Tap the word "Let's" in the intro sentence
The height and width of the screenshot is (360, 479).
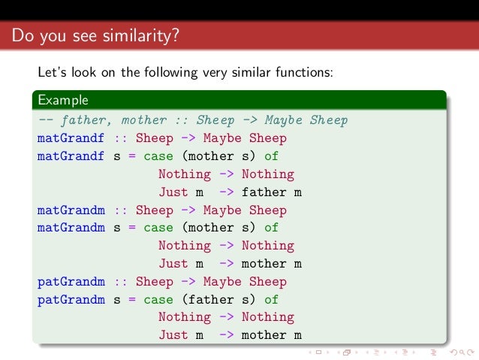(53, 73)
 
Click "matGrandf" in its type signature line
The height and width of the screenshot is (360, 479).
(71, 138)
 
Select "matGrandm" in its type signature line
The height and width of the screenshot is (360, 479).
(71, 210)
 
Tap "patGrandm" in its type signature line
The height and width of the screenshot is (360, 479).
(71, 281)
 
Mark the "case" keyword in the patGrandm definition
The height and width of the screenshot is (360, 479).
(158, 299)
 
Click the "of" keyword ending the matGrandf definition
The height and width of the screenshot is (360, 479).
(271, 156)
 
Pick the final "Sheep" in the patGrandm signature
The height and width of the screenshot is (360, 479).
(267, 281)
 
